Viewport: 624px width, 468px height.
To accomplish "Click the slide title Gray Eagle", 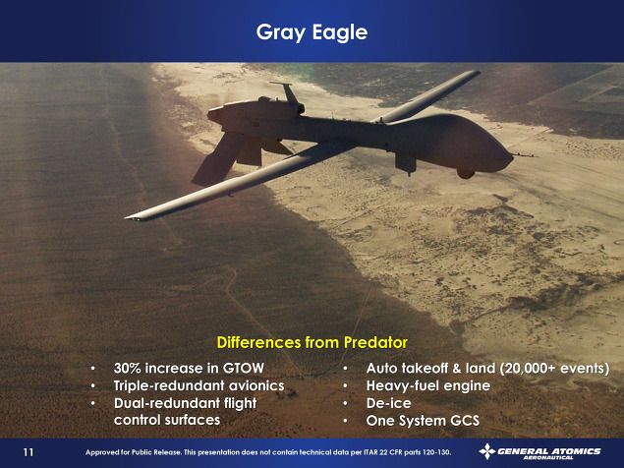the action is click(x=312, y=32).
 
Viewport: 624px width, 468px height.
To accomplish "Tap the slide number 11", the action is click(x=28, y=452).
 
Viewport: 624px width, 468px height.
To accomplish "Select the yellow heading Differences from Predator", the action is click(x=312, y=342).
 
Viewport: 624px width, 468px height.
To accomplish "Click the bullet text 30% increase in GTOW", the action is click(x=189, y=368).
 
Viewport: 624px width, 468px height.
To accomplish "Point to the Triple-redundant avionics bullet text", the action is click(x=199, y=385).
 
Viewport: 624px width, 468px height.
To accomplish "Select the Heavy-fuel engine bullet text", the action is click(x=428, y=385).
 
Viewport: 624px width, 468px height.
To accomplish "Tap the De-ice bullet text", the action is click(x=388, y=403).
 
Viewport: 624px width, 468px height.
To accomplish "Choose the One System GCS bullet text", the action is click(x=423, y=421).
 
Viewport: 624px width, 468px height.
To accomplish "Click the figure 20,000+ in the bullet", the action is click(x=530, y=369).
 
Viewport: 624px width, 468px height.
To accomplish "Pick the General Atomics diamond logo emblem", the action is click(x=487, y=451).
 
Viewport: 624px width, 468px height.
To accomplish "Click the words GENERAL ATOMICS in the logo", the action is click(x=549, y=451).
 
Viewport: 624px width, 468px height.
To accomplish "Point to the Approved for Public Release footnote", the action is click(x=268, y=452).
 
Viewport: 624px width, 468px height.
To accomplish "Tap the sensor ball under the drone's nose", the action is click(x=466, y=173).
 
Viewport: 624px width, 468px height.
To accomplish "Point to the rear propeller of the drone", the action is click(x=212, y=115).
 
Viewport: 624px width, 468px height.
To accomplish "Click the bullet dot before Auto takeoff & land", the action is click(x=346, y=369).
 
